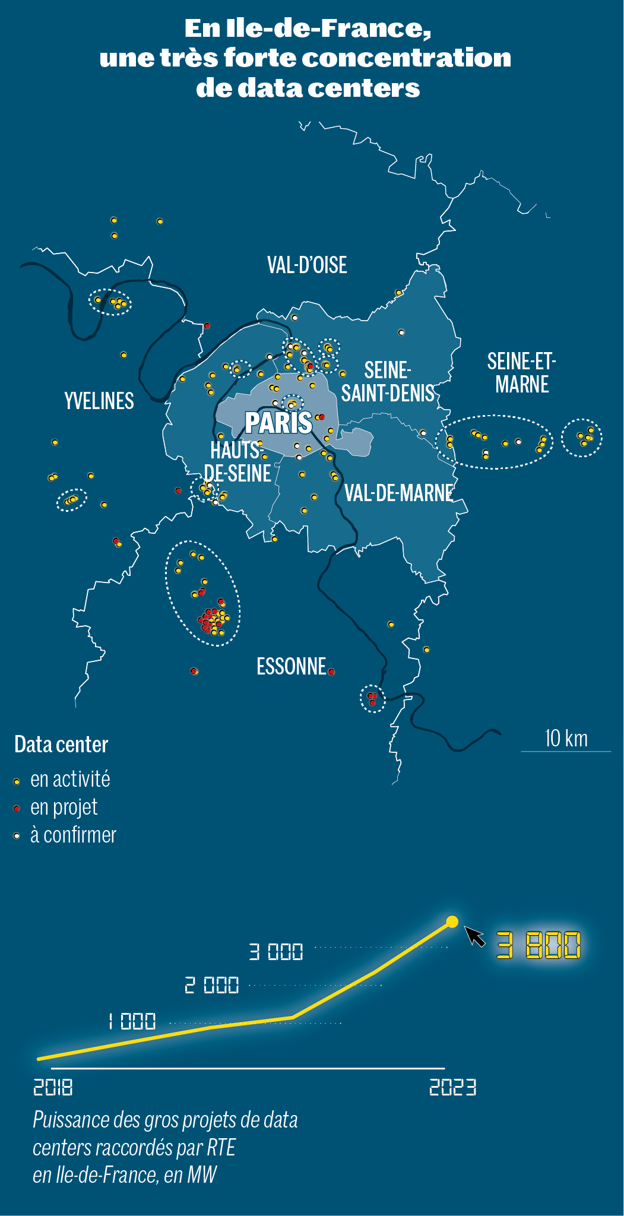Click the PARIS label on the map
click(x=278, y=423)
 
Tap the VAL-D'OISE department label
click(x=307, y=265)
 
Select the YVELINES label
click(x=99, y=401)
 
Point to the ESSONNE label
click(x=292, y=666)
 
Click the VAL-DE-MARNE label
click(x=399, y=493)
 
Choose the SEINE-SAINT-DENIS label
click(x=388, y=382)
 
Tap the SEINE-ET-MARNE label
click(x=521, y=373)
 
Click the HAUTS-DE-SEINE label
click(x=237, y=462)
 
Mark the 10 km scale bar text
click(x=566, y=739)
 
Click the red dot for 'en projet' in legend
click(x=17, y=809)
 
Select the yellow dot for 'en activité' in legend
click(x=17, y=781)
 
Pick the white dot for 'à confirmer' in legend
click(x=17, y=836)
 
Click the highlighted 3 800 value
click(x=539, y=945)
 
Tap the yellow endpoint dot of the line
click(x=452, y=921)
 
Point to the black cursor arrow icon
click(x=474, y=936)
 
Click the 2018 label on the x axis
click(x=53, y=1087)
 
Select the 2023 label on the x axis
click(x=452, y=1087)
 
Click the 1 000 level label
click(x=132, y=1021)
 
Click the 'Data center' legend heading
click(x=61, y=745)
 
